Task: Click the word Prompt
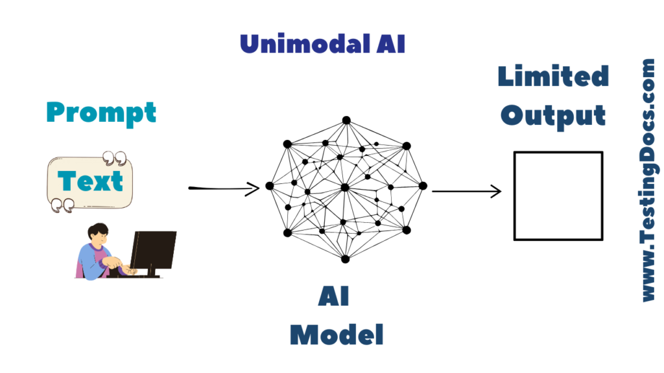[101, 113]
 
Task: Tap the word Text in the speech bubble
[90, 181]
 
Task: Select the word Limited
[553, 76]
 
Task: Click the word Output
[553, 115]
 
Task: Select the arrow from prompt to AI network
[224, 188]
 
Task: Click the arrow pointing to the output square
[467, 191]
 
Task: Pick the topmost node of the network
[346, 120]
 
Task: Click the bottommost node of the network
[345, 259]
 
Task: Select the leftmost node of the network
[270, 186]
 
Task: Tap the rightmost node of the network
[423, 186]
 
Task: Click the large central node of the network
[345, 187]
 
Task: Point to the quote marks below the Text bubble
[60, 205]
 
